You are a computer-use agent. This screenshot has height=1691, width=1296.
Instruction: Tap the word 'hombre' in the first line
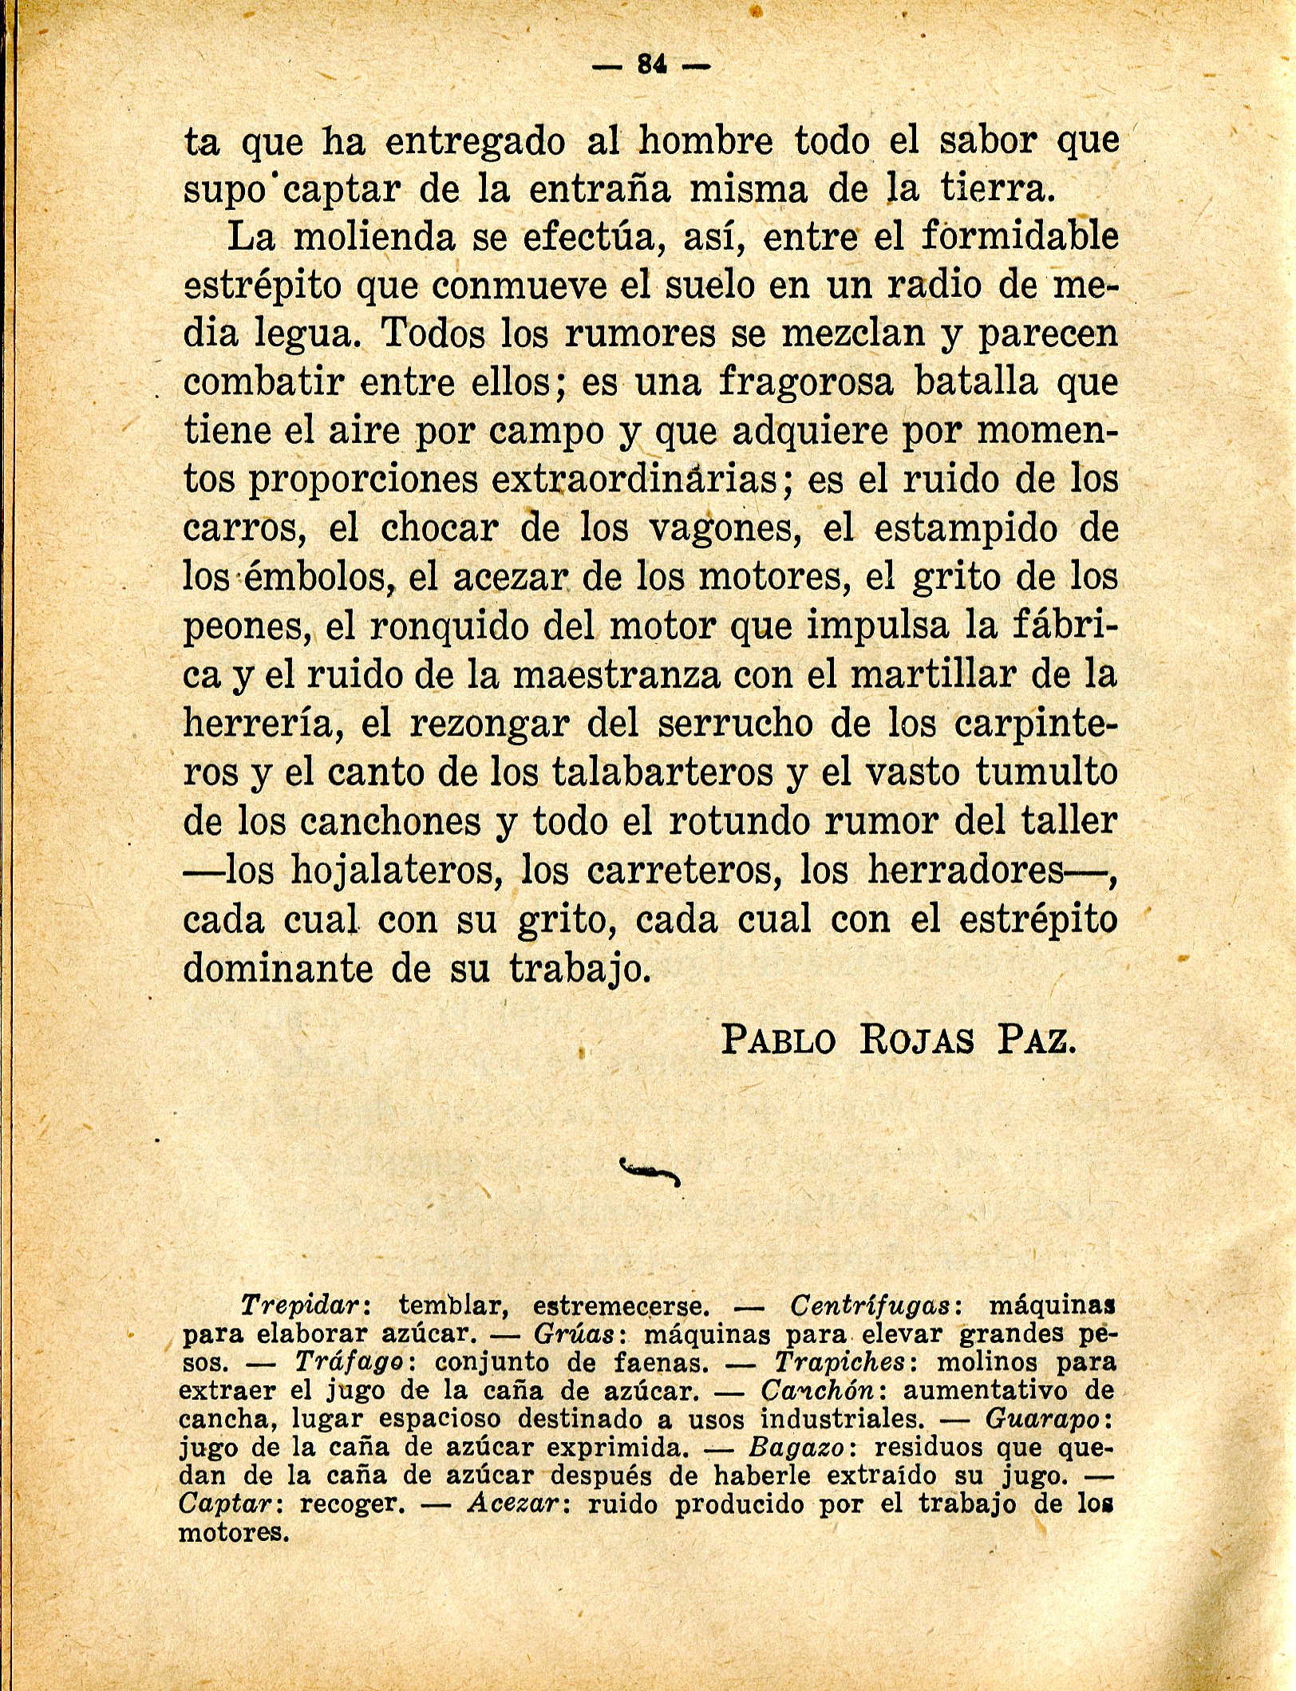[x=706, y=142]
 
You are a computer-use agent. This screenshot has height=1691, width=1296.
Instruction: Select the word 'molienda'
[x=373, y=237]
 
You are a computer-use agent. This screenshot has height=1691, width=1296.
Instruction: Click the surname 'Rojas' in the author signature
[x=916, y=1041]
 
